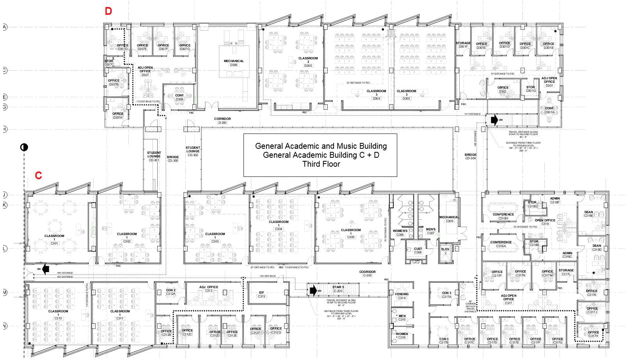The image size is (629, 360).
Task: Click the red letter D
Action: pyautogui.click(x=108, y=11)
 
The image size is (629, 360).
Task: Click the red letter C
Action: pyautogui.click(x=38, y=176)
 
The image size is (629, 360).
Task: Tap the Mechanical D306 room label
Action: pyautogui.click(x=234, y=63)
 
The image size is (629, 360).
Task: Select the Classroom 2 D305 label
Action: pyautogui.click(x=308, y=62)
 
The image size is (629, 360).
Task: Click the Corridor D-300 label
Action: pyautogui.click(x=222, y=121)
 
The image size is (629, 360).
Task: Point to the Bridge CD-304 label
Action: pyautogui.click(x=471, y=157)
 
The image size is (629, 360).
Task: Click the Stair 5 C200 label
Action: pyautogui.click(x=338, y=289)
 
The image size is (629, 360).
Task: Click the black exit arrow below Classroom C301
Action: pyautogui.click(x=46, y=269)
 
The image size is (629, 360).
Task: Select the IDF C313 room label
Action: pyautogui.click(x=261, y=294)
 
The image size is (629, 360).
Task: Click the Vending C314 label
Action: pyautogui.click(x=402, y=296)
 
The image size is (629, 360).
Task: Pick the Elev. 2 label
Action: pyautogui.click(x=446, y=251)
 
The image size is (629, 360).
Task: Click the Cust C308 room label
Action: pyautogui.click(x=418, y=251)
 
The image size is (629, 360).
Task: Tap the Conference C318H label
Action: pyautogui.click(x=503, y=216)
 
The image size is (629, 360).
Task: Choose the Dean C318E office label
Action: pyautogui.click(x=588, y=214)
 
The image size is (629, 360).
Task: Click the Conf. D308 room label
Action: pyautogui.click(x=179, y=97)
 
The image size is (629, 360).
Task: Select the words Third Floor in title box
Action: pyautogui.click(x=321, y=164)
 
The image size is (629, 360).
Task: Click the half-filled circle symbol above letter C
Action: pyautogui.click(x=24, y=147)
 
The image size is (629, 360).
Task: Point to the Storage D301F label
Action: pyautogui.click(x=463, y=45)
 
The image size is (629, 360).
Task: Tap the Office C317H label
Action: pyautogui.click(x=593, y=334)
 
